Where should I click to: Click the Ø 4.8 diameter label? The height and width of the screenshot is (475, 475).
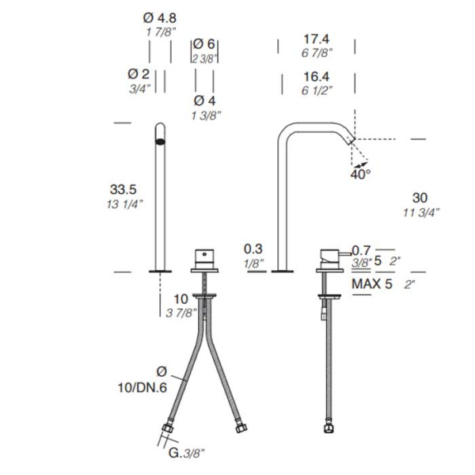pyautogui.click(x=160, y=18)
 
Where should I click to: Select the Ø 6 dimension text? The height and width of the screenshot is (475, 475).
pyautogui.click(x=203, y=44)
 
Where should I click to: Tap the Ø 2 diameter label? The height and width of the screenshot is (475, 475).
pyautogui.click(x=139, y=74)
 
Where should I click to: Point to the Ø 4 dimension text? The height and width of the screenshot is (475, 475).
pyautogui.click(x=204, y=101)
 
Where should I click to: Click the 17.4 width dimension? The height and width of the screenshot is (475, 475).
pyautogui.click(x=317, y=39)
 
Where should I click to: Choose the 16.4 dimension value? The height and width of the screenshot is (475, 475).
pyautogui.click(x=317, y=77)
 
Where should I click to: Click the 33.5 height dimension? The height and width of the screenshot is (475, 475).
pyautogui.click(x=123, y=190)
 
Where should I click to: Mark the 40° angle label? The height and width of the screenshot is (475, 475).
pyautogui.click(x=360, y=174)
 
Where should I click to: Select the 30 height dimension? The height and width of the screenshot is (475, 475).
pyautogui.click(x=420, y=198)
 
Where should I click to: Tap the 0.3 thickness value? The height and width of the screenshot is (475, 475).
pyautogui.click(x=253, y=249)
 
